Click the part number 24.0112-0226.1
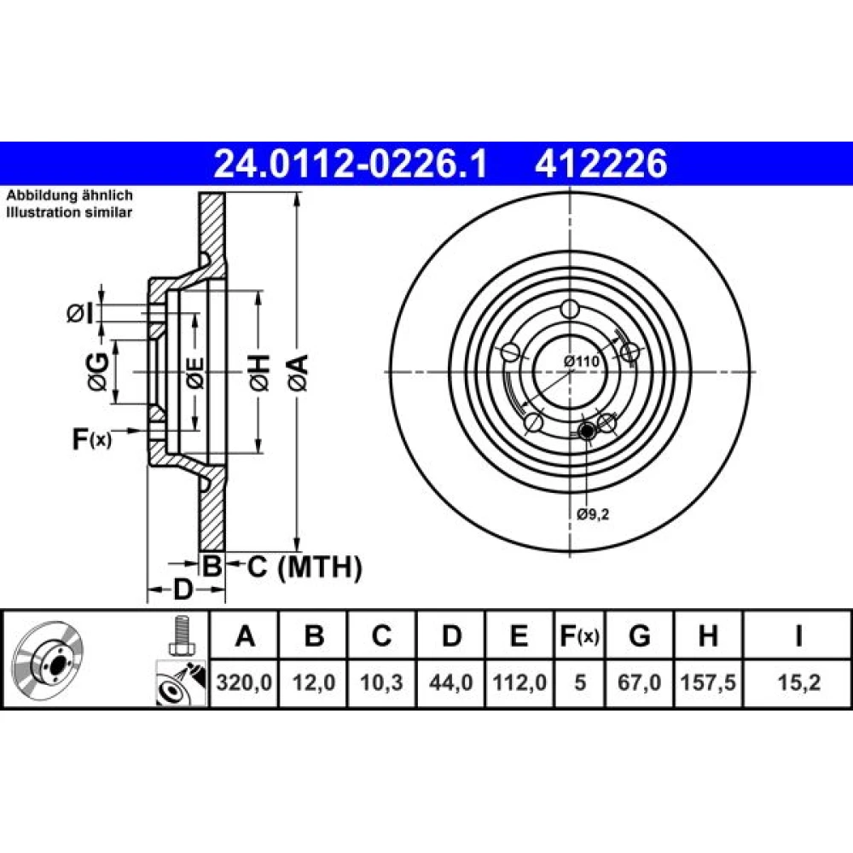click(351, 164)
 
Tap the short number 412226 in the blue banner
click(601, 164)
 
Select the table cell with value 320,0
click(244, 682)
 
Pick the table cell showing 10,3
click(381, 682)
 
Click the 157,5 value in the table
click(708, 682)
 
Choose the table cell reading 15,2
click(798, 682)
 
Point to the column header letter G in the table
click(639, 635)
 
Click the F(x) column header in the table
click(580, 635)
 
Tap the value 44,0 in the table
click(450, 682)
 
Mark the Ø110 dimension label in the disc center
click(581, 361)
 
